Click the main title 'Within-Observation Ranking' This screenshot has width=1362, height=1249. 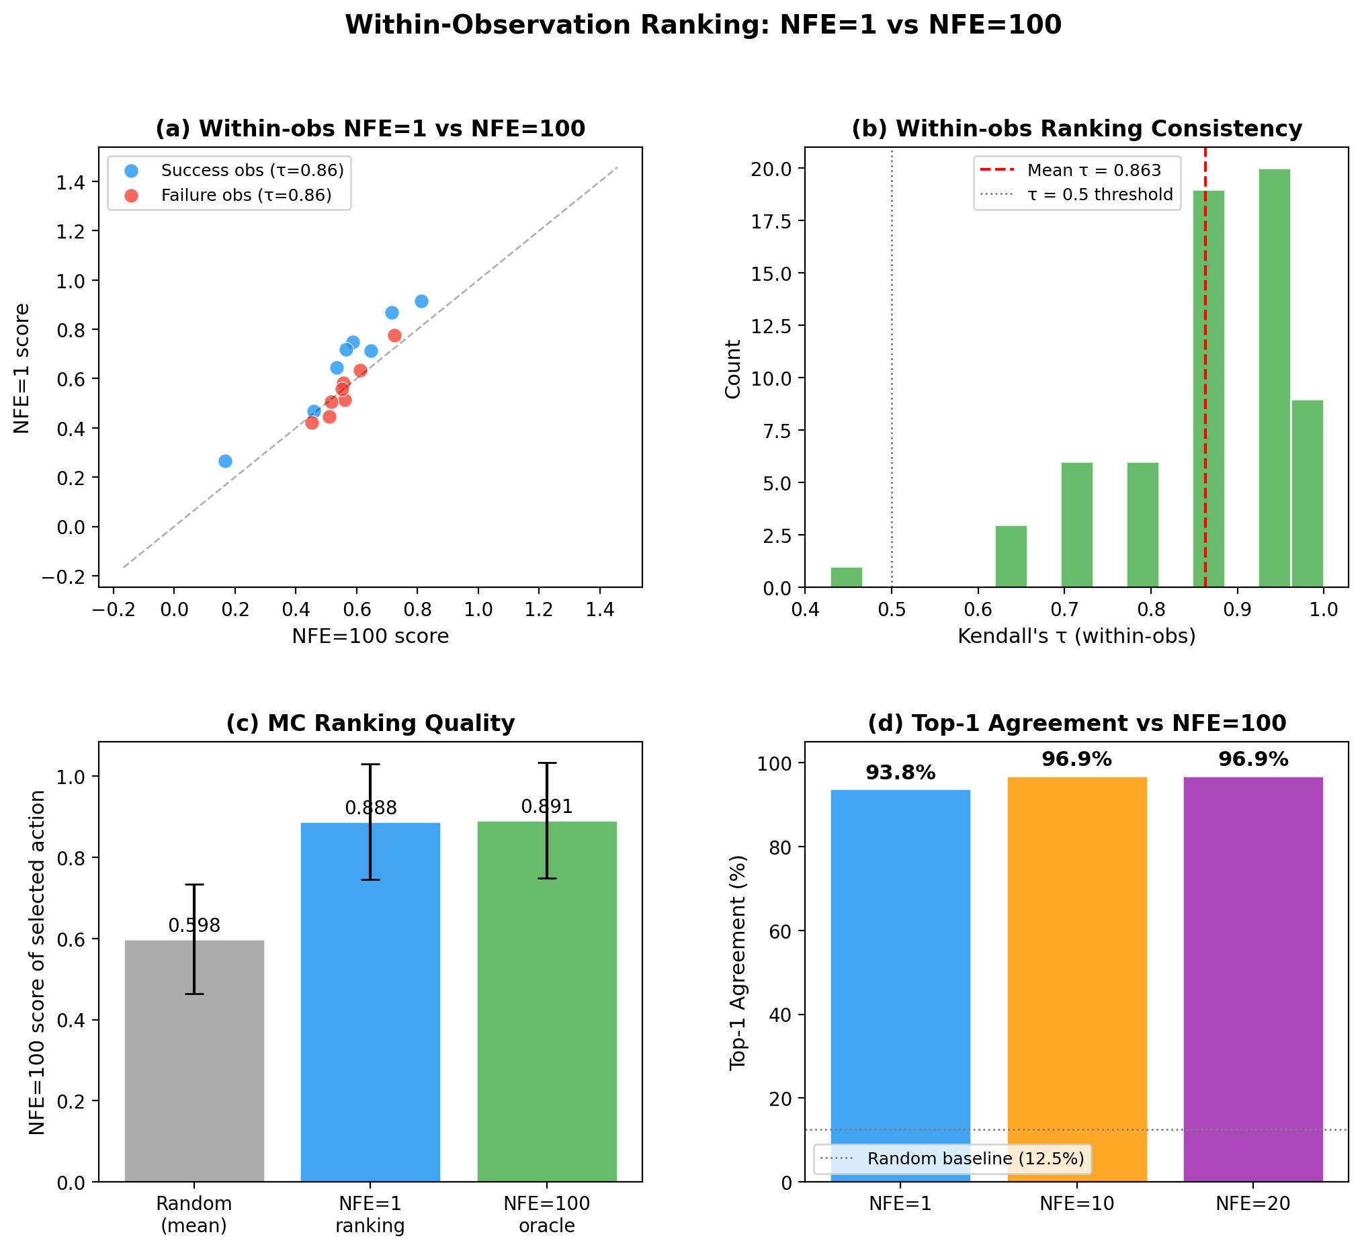pos(703,26)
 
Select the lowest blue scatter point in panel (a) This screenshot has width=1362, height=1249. pos(225,461)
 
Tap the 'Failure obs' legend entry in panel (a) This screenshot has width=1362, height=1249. pos(246,196)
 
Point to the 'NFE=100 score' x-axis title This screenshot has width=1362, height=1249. pos(370,636)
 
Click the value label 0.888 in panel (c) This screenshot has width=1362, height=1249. pos(370,808)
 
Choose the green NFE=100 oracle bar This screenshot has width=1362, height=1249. pos(547,1000)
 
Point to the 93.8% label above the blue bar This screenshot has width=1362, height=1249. pos(900,773)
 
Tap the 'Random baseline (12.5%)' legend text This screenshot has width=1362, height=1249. pos(976,1158)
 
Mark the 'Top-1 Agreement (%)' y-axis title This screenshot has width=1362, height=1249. pos(738,962)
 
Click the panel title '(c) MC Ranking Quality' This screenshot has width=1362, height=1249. pos(370,723)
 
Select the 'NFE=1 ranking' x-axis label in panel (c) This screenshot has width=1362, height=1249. pos(370,1215)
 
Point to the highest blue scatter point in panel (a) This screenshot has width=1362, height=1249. pos(421,301)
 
